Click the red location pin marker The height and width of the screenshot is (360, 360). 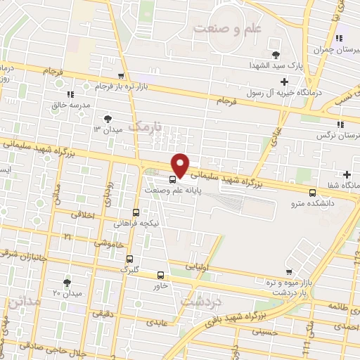coord(181,165)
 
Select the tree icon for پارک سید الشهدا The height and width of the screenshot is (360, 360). coord(275,54)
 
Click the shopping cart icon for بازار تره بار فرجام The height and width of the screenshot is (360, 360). coord(121,76)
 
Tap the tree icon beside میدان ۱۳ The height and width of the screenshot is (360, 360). coord(107,120)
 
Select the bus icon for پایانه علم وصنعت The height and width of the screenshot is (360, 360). coord(173,179)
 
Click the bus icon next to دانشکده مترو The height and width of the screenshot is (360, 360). coord(312,192)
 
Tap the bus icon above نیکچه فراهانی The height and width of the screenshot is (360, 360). coord(136,212)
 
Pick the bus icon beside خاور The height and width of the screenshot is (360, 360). coord(160,275)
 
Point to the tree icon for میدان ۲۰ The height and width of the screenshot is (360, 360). coord(67,283)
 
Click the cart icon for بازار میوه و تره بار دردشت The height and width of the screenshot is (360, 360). coord(288,271)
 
